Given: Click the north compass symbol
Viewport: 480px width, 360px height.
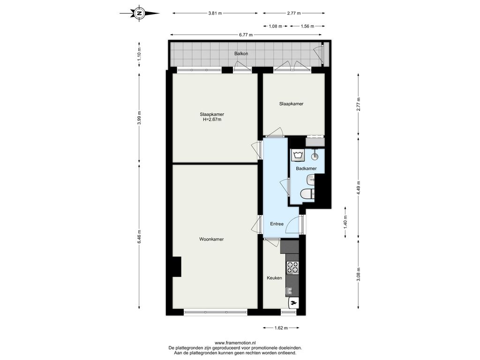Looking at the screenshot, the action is coord(140,13).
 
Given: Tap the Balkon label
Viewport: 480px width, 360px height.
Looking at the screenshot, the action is coord(241,53).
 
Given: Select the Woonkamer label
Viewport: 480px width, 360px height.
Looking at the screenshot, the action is coord(211,239).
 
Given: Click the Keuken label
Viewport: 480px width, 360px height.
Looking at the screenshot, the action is coord(274,278).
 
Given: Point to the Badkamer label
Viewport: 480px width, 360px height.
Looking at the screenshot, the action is coord(306,168).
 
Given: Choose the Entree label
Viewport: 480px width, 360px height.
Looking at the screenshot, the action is coord(277,224).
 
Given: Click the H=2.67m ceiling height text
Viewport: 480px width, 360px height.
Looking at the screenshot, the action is coord(212,120).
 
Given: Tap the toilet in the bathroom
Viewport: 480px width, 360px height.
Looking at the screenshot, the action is coord(307,194).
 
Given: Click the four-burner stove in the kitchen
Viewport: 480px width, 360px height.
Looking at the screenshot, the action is coord(292,267).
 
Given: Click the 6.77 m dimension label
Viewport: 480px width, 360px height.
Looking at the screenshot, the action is coord(246,35).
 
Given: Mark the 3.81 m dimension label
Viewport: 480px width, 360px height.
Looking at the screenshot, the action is coord(215,13).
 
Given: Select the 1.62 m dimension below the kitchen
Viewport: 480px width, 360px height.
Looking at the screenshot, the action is coord(281,328).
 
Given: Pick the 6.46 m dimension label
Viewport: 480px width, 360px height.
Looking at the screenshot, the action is coord(139,237).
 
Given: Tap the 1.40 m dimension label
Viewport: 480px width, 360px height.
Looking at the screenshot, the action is coord(345,222).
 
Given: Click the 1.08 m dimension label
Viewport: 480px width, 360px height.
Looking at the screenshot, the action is coord(275,26).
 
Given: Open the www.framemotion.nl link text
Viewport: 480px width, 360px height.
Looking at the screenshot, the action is coord(235,343).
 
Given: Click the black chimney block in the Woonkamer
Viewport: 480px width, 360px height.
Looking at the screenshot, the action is coord(177,267).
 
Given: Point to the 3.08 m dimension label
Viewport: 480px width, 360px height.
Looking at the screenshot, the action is coord(358,274).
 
